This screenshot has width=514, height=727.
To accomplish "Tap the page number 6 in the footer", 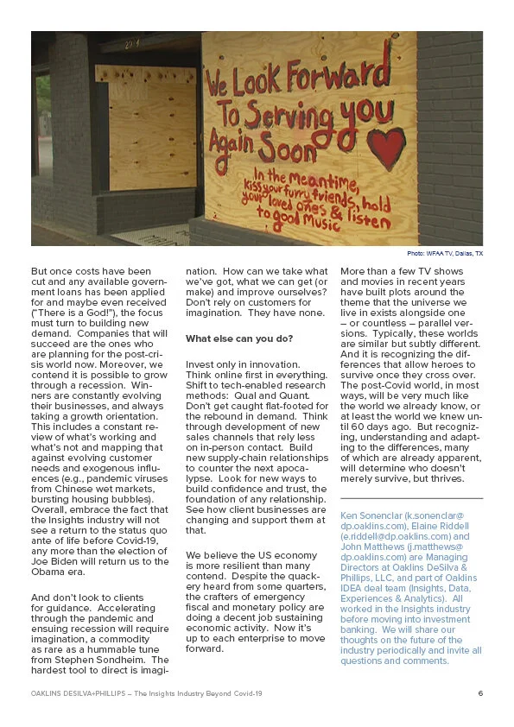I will click(x=479, y=693).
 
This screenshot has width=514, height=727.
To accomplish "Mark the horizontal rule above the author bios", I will click(x=411, y=498).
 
